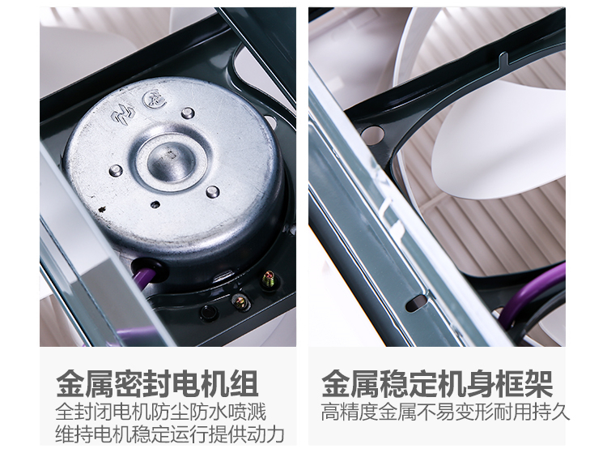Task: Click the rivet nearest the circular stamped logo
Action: (188, 113)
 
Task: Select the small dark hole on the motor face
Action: (155, 204)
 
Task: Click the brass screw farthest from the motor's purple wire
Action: (267, 279)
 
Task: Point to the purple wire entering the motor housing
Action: (143, 276)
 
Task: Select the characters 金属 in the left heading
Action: (85, 384)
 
